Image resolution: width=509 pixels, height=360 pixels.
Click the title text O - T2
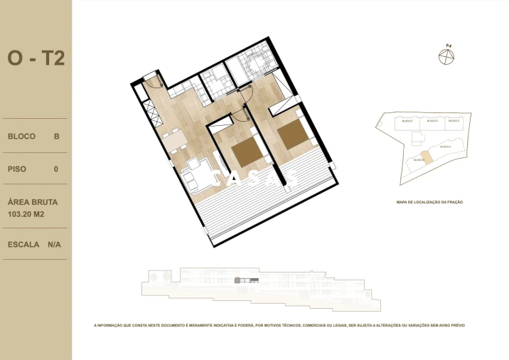[36, 58]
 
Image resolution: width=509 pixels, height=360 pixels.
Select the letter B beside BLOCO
[56, 136]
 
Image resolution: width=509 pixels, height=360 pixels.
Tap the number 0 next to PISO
[56, 169]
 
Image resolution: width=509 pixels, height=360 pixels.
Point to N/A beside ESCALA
[55, 244]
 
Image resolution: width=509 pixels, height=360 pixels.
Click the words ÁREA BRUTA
[33, 201]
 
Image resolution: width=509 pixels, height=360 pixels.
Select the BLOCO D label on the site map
[432, 122]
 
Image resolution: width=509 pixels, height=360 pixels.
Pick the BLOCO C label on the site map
[454, 122]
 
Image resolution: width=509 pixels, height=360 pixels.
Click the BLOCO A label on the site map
[445, 147]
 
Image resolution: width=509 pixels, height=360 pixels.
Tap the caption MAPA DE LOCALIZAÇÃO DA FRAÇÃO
[429, 202]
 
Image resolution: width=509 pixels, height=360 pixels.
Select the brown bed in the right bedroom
[291, 134]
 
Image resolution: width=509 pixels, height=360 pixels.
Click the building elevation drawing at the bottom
[259, 288]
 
